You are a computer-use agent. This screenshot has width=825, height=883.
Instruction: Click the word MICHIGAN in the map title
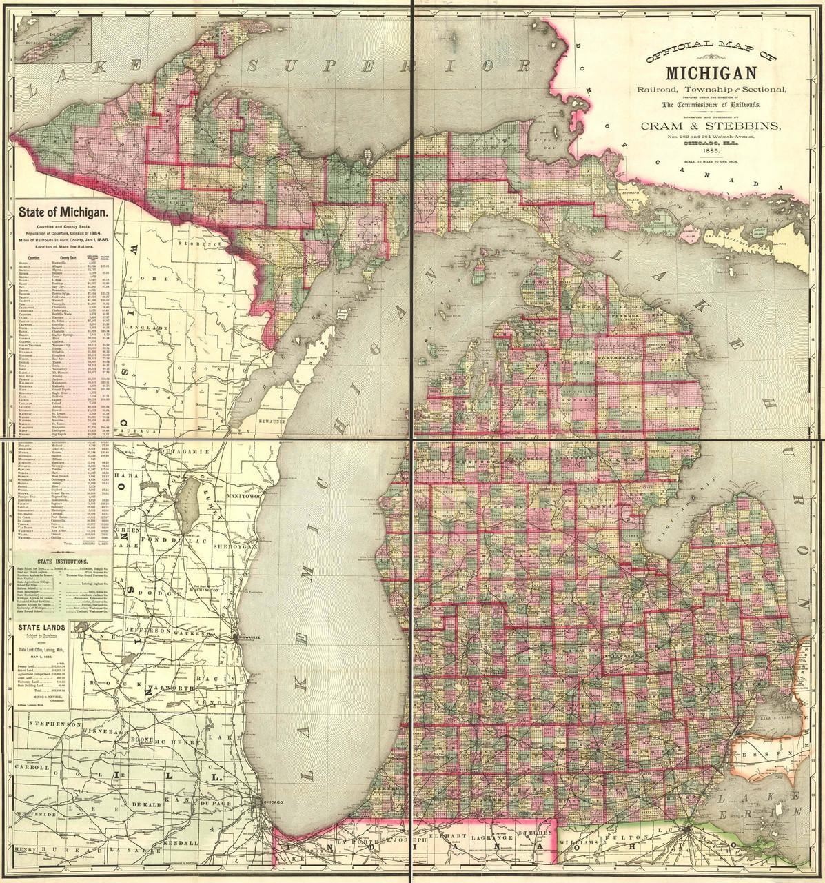(712, 72)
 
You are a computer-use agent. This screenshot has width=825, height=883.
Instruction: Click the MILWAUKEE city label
(249, 637)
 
